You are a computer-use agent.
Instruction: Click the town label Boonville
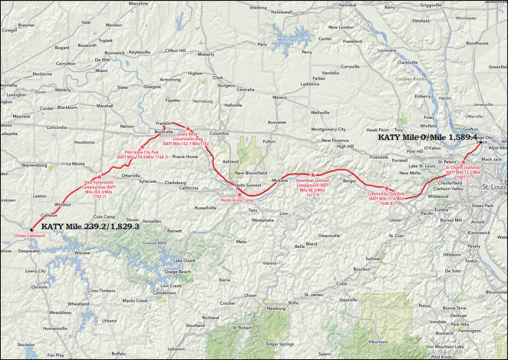coord(165,131)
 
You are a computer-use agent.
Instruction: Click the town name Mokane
coord(279,180)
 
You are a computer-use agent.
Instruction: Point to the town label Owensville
coord(329,235)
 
